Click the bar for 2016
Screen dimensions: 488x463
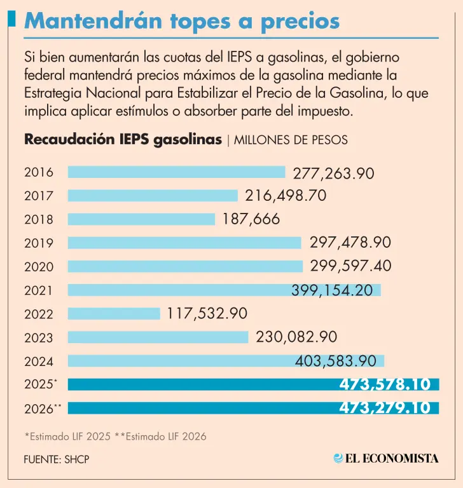tap(176, 172)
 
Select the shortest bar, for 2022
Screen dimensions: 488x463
tap(114, 313)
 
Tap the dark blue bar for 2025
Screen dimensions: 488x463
tap(204, 384)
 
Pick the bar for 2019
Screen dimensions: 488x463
tap(184, 243)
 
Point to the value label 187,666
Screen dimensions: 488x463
tap(251, 219)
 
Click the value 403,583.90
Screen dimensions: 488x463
tap(340, 361)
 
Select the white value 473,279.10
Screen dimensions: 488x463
tap(385, 408)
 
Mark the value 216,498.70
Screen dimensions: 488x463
tap(282, 196)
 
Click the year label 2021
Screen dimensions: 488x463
tap(39, 290)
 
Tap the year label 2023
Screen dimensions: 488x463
tap(39, 338)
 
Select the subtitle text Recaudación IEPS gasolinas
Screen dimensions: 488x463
tap(123, 140)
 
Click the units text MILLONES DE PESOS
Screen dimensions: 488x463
tap(291, 140)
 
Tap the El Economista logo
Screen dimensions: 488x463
tap(385, 457)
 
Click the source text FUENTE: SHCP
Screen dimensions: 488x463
tap(57, 459)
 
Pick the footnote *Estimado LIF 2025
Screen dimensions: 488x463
tap(67, 437)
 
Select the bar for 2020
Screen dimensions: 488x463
tap(185, 266)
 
